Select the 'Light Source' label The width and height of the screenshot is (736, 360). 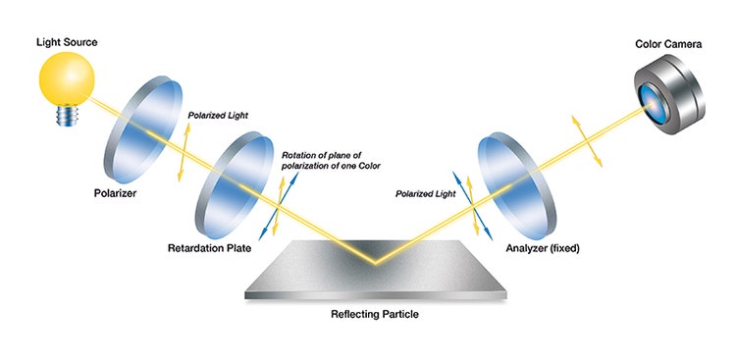pos(67,43)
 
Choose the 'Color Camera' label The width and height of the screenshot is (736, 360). pos(666,42)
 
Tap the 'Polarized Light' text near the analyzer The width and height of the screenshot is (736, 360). pos(427,193)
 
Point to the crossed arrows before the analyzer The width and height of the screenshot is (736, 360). pos(473,206)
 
